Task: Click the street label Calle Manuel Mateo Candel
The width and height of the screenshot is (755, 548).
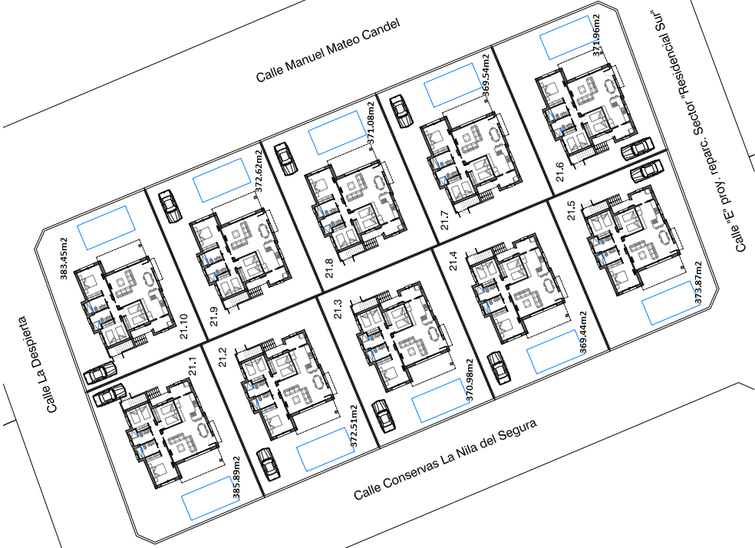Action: pos(328,50)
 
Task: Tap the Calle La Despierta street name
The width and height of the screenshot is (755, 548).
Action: pos(38,365)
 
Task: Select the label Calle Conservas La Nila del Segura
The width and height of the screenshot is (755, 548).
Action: pos(445,460)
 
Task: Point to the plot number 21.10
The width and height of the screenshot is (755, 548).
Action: pos(184,326)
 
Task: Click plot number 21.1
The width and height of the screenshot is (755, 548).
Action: pos(193,366)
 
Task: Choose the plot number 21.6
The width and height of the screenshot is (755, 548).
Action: pos(559,172)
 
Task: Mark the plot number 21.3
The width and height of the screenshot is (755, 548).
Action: pos(338,309)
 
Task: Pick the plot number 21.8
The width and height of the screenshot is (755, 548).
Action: pos(329,268)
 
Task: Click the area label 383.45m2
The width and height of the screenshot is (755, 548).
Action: pos(64,259)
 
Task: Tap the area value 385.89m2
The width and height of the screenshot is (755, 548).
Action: pos(236,477)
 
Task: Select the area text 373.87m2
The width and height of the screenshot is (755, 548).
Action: pos(697,282)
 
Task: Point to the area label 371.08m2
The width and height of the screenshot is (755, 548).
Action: pos(371,124)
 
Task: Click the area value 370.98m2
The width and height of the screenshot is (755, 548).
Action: pos(470,380)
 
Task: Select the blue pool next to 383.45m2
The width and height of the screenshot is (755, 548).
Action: pos(106,228)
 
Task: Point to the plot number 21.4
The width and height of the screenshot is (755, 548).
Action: pos(453,260)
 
